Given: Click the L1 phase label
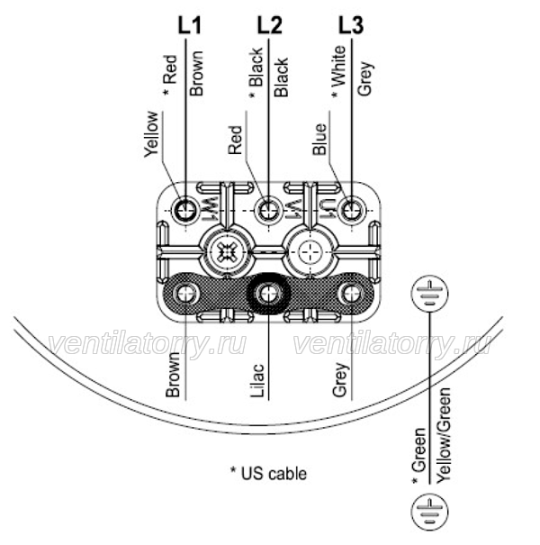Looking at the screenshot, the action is [189, 26].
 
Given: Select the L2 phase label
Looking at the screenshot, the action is [269, 26].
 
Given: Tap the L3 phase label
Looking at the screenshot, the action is [351, 26].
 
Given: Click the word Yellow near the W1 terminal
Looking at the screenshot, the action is [152, 134].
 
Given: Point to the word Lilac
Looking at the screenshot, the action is [257, 380].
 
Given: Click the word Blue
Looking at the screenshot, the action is [319, 139].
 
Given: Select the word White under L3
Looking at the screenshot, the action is [338, 66].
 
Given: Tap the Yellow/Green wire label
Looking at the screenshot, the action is [444, 435].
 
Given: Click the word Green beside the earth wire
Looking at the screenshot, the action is [418, 450].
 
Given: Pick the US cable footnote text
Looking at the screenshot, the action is [269, 474].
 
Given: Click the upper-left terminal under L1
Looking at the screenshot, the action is [185, 210].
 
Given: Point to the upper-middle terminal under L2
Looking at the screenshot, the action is [268, 210].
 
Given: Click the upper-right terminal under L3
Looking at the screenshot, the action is [352, 210].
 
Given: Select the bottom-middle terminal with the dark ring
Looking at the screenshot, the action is [268, 294].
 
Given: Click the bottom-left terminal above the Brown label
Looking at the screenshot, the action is [186, 294].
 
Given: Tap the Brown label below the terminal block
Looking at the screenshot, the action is [173, 376].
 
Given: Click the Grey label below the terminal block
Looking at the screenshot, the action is [339, 379].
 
